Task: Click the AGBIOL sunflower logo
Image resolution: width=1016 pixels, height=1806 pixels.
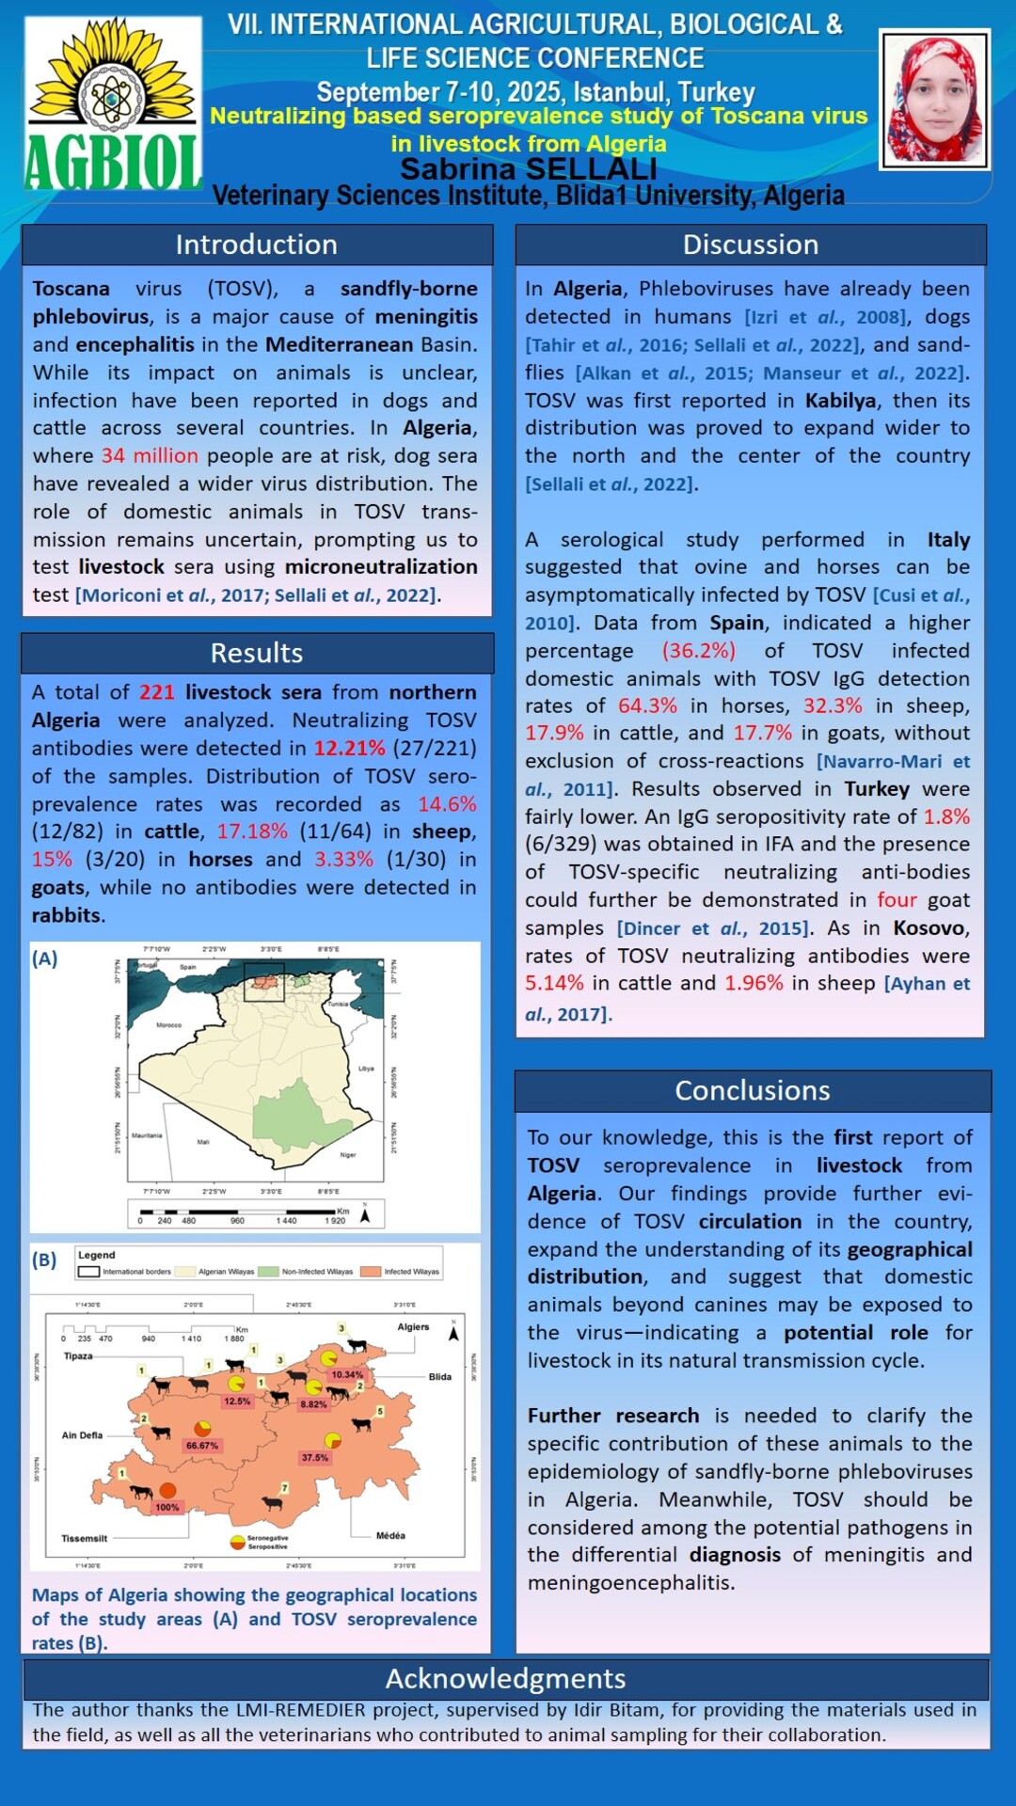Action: (x=113, y=103)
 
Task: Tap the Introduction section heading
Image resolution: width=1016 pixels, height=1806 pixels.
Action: (x=256, y=245)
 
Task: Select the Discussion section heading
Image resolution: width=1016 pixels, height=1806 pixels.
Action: (x=750, y=245)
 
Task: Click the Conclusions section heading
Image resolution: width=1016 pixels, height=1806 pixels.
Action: (x=752, y=1090)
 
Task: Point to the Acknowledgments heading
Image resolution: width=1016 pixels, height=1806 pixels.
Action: (x=505, y=1678)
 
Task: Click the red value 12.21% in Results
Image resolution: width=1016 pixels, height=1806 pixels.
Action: (x=349, y=748)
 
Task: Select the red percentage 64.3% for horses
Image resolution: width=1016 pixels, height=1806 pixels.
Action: (x=647, y=705)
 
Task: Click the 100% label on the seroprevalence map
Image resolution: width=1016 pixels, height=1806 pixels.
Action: (x=167, y=1507)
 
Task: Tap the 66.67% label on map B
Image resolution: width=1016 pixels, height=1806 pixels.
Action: (x=202, y=1445)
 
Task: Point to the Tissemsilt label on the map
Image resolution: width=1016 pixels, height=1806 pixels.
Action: (x=85, y=1539)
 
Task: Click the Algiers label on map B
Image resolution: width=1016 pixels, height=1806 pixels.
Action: (x=413, y=1327)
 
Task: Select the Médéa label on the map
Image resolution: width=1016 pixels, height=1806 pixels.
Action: (x=390, y=1535)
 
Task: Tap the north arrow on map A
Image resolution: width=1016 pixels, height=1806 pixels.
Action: (x=366, y=1214)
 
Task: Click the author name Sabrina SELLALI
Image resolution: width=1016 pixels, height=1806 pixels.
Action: (x=528, y=169)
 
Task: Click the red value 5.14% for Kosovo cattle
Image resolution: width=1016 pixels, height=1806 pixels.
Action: (x=554, y=983)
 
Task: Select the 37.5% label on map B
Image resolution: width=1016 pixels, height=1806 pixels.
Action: (x=315, y=1458)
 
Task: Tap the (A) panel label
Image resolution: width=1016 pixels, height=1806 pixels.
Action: (x=44, y=958)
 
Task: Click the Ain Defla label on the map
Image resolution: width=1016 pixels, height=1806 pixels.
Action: (x=82, y=1435)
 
